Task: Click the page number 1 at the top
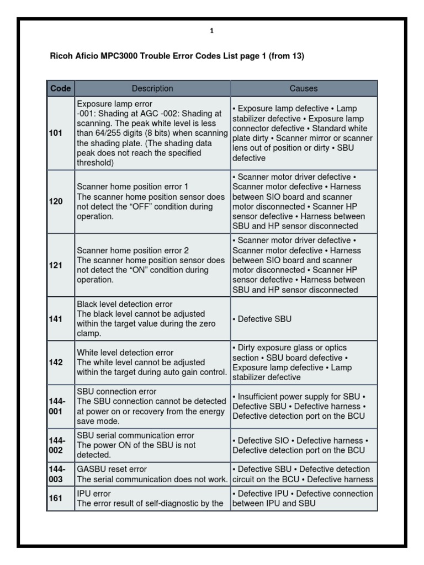212,31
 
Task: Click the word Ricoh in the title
61,56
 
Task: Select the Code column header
60,88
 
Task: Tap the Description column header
152,88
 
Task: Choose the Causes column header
304,88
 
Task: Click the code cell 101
56,133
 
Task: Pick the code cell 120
56,201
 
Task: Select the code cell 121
56,265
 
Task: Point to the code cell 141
56,319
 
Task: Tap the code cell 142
56,363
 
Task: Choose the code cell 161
56,498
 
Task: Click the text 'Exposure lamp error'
114,104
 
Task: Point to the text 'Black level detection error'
125,304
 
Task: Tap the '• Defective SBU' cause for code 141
262,319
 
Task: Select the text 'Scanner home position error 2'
132,250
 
